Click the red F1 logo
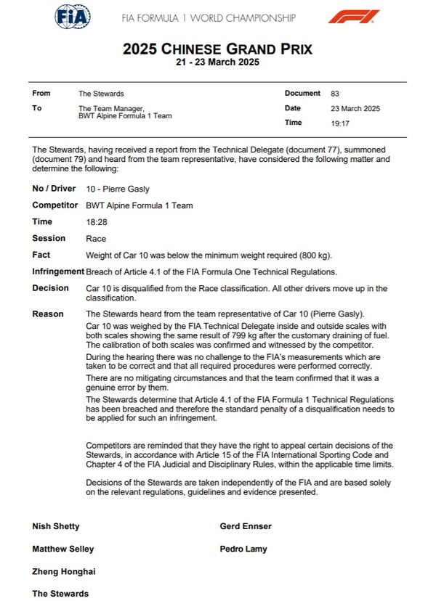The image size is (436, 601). [x=353, y=16]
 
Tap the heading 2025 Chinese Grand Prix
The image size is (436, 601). [x=217, y=49]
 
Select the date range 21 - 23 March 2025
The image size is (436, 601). [x=217, y=62]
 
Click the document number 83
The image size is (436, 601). [x=334, y=94]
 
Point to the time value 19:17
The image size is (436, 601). [x=339, y=123]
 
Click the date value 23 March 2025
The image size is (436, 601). [x=355, y=109]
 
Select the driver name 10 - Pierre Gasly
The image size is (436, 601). [x=117, y=189]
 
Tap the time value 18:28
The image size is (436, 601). [x=96, y=222]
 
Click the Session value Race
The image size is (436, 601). [x=95, y=239]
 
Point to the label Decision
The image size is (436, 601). [x=50, y=288]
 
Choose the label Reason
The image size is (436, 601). [x=48, y=314]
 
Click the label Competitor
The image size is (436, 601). [x=54, y=205]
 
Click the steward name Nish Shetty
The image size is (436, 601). [x=56, y=526]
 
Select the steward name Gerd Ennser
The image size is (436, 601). [x=246, y=526]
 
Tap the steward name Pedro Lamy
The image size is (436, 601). [x=243, y=549]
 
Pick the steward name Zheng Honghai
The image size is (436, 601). [x=63, y=572]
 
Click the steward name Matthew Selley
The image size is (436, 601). [x=62, y=549]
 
